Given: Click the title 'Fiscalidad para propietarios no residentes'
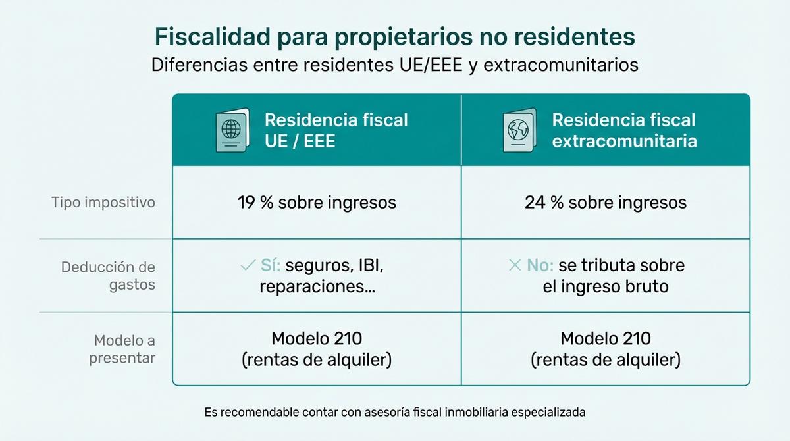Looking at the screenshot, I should pos(395,37).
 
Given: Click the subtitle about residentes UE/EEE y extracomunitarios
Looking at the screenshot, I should pos(395,66).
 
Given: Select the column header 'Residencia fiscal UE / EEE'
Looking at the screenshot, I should pos(336,130).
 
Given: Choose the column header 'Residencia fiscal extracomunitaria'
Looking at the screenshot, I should pos(623,130).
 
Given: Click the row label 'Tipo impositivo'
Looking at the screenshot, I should pos(103,202).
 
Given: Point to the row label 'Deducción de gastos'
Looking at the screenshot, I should pos(108,276).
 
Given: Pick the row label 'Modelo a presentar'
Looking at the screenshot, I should pos(122,349).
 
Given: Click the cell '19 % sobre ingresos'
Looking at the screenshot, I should pos(317,202).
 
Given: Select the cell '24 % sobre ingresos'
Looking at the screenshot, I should pos(605,202).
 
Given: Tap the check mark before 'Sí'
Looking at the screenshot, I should pos(248,266).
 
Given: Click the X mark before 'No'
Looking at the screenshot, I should pos(515,266).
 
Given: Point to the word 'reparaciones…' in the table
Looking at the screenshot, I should pos(317,287).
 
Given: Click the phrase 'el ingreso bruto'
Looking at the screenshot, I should pos(606,287).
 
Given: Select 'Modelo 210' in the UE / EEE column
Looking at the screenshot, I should pos(317,339).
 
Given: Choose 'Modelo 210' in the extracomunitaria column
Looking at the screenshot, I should pos(606,339).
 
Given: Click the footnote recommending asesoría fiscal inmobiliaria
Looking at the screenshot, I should pos(395,413).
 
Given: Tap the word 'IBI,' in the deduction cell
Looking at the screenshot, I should pos(370,266).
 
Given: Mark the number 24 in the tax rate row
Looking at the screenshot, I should pos(534,202).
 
